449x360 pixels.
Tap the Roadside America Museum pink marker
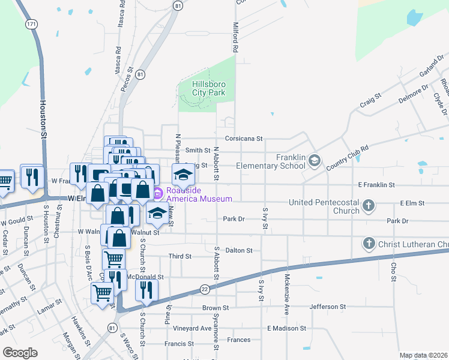(x=157, y=193)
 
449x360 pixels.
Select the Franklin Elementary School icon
(x=315, y=160)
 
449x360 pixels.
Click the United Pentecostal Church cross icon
(x=369, y=206)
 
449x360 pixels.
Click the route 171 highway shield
(x=31, y=24)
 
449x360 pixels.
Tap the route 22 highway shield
(x=205, y=290)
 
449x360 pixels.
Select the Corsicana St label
(x=244, y=139)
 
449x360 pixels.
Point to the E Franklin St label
(x=376, y=185)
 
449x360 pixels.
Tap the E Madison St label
(x=287, y=328)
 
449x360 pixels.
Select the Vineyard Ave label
(x=193, y=328)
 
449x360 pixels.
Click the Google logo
(x=20, y=353)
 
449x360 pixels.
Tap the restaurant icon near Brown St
(x=146, y=291)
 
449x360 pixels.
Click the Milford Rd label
(x=236, y=37)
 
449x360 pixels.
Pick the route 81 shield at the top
(x=178, y=5)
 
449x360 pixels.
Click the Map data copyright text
(x=424, y=355)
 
